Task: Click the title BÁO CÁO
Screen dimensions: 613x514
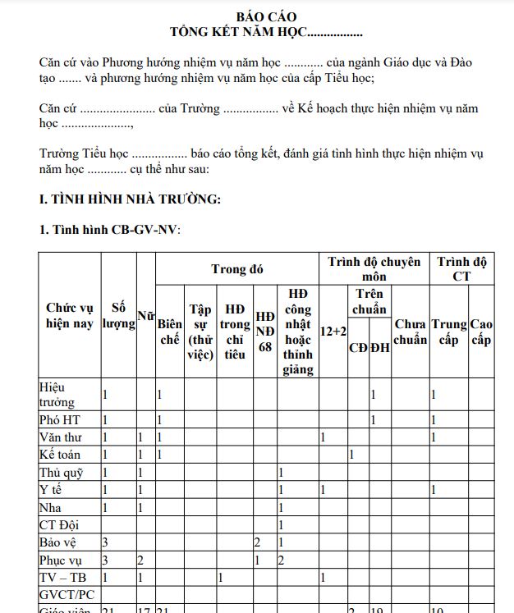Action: coord(266,17)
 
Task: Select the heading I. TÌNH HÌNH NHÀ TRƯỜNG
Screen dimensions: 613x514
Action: coord(130,199)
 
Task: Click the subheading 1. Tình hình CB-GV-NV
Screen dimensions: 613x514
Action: coord(109,230)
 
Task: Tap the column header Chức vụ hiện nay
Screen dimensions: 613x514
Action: coord(69,316)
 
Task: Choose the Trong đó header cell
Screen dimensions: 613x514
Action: coord(236,269)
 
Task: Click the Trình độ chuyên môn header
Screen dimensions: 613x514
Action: coord(374,269)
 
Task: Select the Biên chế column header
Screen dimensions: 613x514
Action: coord(169,332)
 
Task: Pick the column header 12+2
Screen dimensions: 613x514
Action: coord(333,332)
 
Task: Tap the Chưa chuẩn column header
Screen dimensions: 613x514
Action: coord(410,332)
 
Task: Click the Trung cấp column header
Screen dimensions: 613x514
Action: coord(448,332)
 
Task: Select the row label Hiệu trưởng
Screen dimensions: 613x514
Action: coord(57,394)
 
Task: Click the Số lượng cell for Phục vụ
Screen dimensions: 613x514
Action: coord(106,560)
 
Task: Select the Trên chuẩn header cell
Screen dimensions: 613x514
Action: coord(369,301)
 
